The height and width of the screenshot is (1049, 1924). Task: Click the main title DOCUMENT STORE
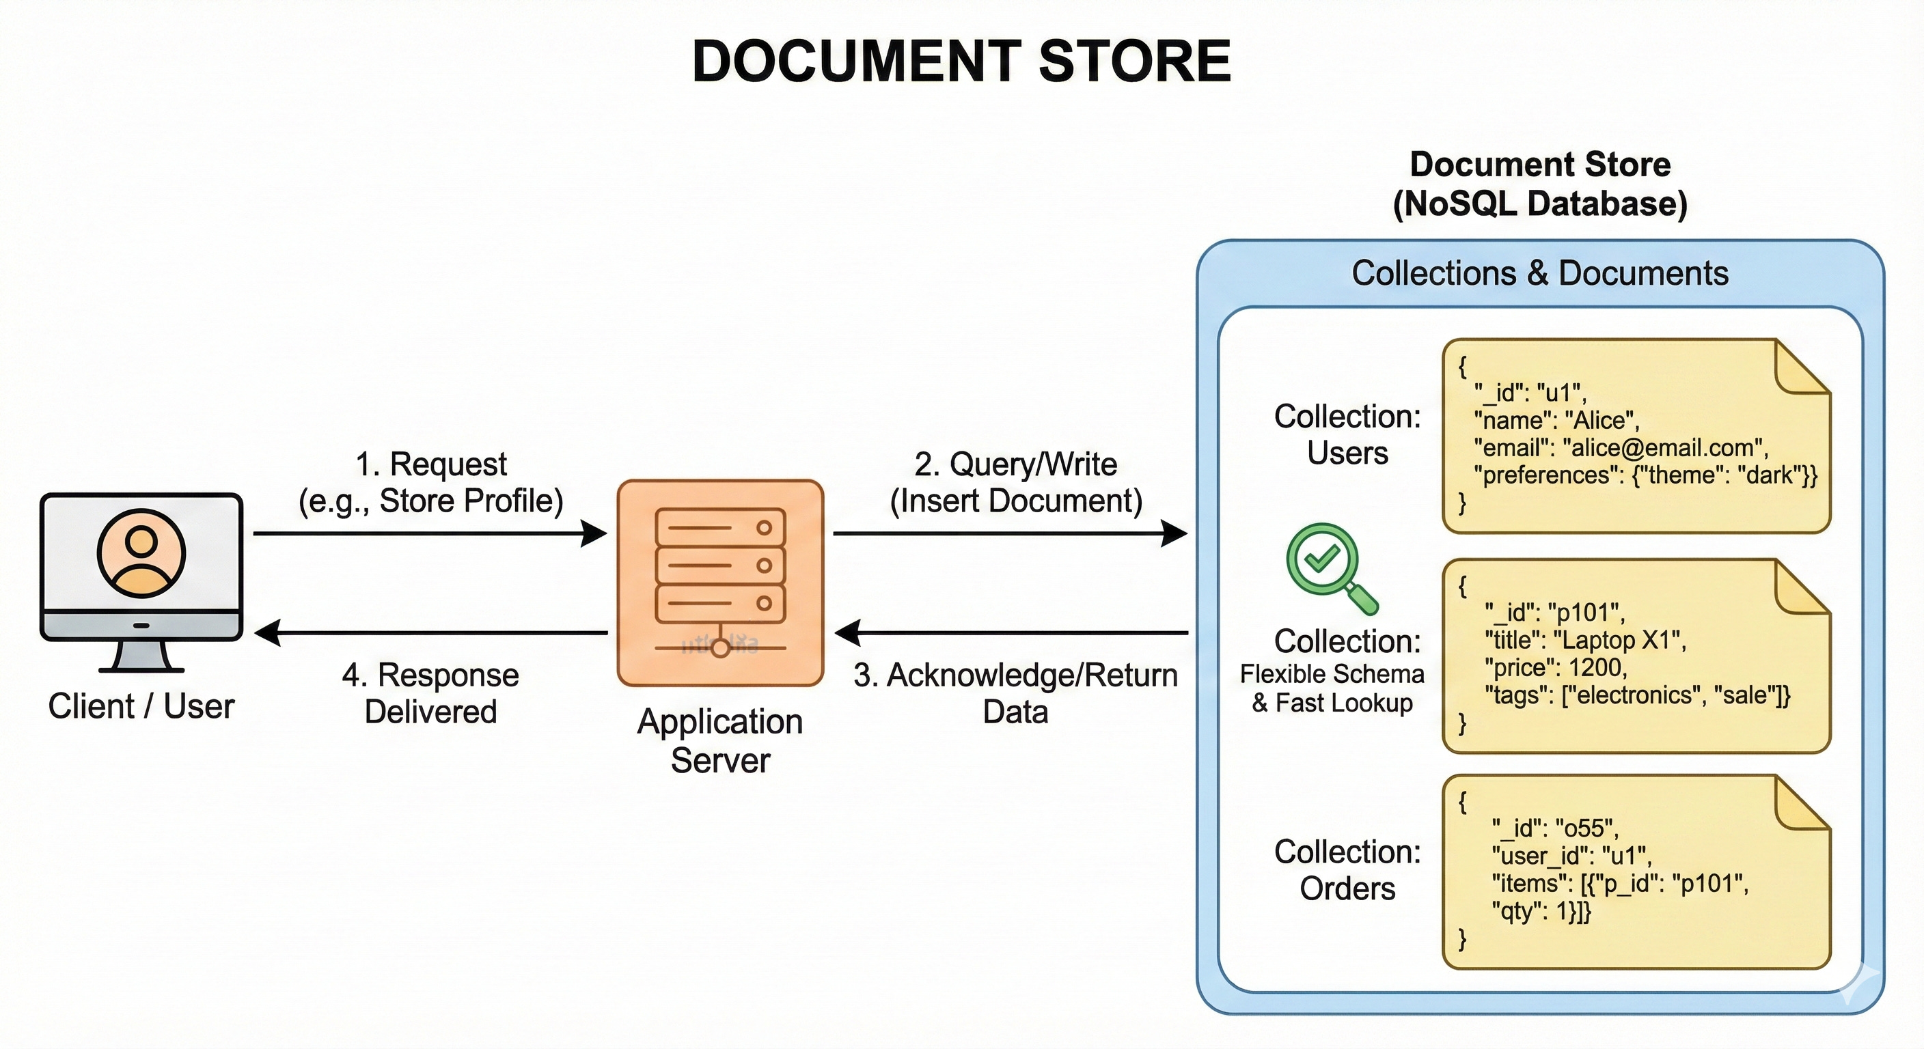click(961, 61)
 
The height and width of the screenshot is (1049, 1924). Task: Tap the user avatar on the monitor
click(141, 553)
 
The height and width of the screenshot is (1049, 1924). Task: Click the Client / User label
click(141, 706)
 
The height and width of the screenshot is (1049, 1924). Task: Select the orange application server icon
click(720, 583)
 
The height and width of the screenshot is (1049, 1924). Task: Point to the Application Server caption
click(720, 740)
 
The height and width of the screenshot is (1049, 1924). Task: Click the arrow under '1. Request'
click(430, 534)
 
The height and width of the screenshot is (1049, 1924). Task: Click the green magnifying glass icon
click(1330, 568)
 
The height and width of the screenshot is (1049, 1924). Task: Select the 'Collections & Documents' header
click(1539, 273)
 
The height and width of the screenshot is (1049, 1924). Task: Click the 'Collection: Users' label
click(1347, 434)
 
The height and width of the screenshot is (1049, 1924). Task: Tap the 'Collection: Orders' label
click(1347, 870)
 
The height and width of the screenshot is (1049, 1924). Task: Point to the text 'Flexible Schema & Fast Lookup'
click(1332, 688)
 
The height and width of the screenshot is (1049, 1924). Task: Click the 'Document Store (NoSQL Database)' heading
click(1539, 184)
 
